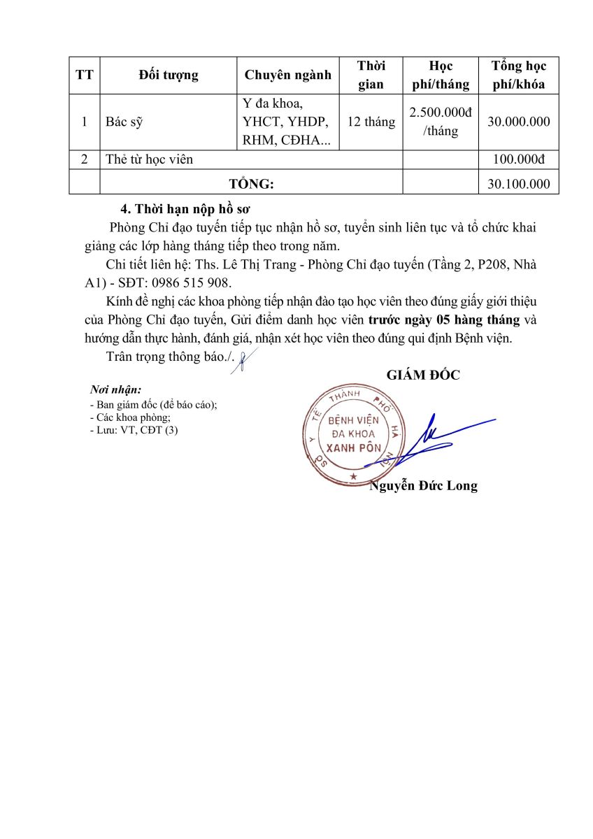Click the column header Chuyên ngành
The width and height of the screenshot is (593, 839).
(x=288, y=76)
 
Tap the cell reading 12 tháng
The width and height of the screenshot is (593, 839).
(x=371, y=122)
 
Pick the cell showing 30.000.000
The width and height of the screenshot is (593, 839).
(x=519, y=122)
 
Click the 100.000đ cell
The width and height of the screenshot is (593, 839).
(x=519, y=159)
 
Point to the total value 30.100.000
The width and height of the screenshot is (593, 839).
(x=519, y=184)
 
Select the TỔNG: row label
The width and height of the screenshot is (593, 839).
(x=252, y=184)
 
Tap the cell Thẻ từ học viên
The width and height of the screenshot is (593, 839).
(x=149, y=159)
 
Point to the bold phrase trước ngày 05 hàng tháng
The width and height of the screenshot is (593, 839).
(x=444, y=320)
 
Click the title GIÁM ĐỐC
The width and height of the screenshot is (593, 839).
(x=423, y=375)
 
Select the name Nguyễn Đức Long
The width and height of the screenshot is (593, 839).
(x=424, y=486)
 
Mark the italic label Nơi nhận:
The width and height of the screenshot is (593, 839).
(x=115, y=389)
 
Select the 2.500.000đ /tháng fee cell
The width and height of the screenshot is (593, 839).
(x=441, y=122)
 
